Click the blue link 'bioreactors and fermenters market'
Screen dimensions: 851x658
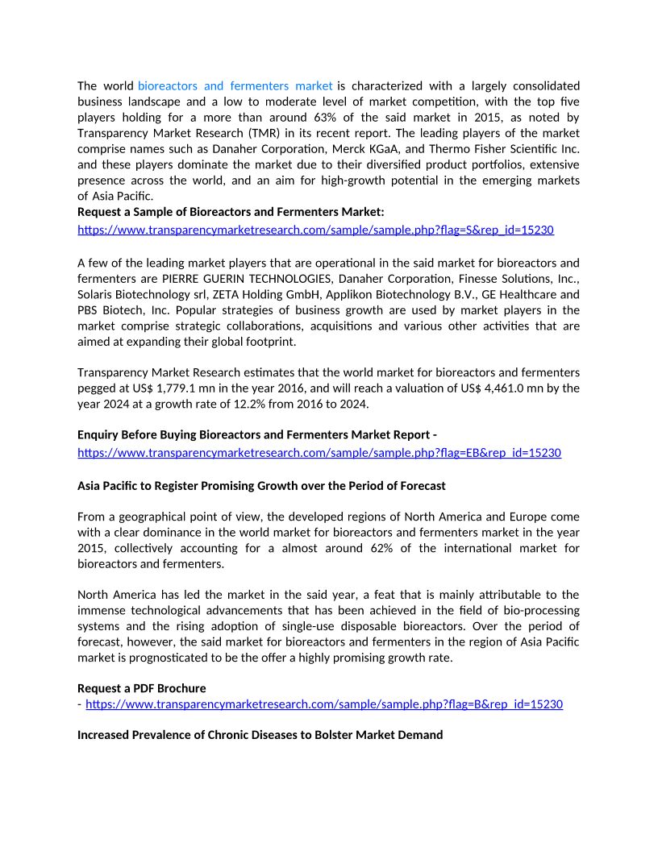pyautogui.click(x=235, y=85)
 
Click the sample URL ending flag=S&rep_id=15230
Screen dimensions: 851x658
pyautogui.click(x=315, y=230)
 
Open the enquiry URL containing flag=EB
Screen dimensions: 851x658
pyautogui.click(x=319, y=453)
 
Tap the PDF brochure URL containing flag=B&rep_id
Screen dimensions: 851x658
pyautogui.click(x=324, y=704)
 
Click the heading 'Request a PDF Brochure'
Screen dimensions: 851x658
pyautogui.click(x=141, y=688)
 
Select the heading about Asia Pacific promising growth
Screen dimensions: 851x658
pyautogui.click(x=261, y=486)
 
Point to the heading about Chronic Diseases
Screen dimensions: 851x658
pyautogui.click(x=260, y=735)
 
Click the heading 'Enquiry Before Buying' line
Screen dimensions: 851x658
pyautogui.click(x=257, y=435)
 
